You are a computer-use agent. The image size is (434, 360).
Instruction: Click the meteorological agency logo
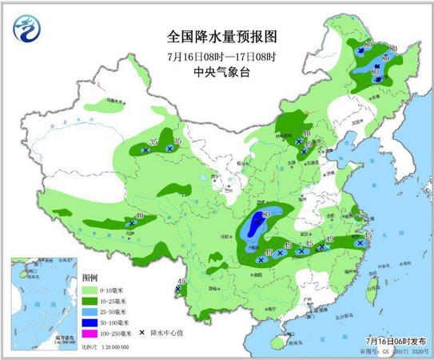(26, 30)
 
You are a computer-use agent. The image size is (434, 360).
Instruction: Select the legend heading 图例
(90, 276)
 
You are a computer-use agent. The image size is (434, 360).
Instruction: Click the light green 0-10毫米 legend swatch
(90, 288)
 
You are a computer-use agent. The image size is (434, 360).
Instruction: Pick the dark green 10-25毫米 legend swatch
(90, 299)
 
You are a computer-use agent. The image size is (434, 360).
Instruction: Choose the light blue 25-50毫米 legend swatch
(90, 310)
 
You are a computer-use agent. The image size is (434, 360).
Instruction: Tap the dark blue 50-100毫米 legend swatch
(90, 321)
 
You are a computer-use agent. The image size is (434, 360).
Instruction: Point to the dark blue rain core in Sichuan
(257, 226)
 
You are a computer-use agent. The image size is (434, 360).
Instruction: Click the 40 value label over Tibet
(140, 216)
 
